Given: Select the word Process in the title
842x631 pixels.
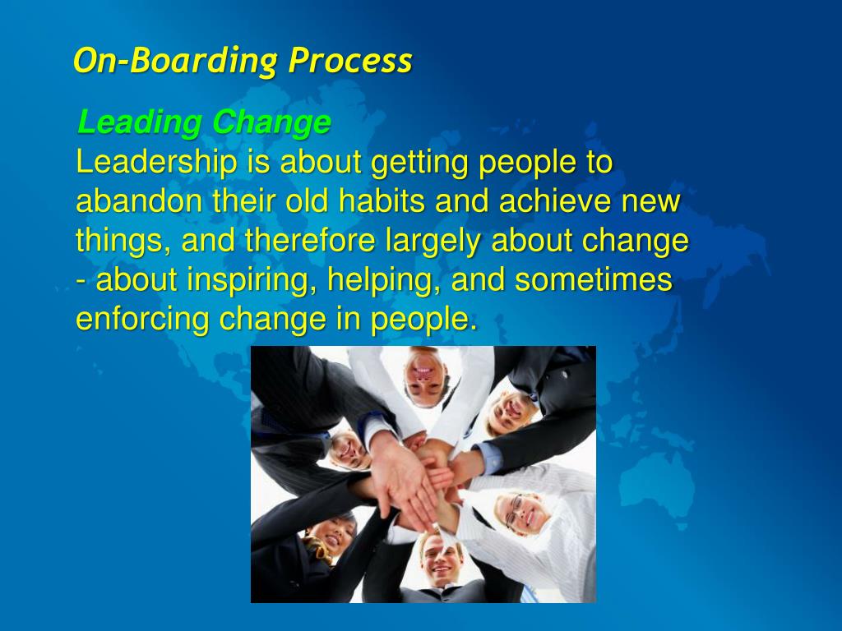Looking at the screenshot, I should [x=350, y=62].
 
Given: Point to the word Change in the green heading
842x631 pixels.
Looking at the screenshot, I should [x=271, y=123].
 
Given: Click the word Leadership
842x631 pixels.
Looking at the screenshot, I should [x=155, y=163].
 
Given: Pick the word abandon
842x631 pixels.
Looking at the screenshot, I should [x=136, y=202].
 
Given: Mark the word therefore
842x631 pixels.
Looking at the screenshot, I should [x=312, y=242].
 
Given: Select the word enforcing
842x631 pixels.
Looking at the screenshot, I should [x=143, y=320].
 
